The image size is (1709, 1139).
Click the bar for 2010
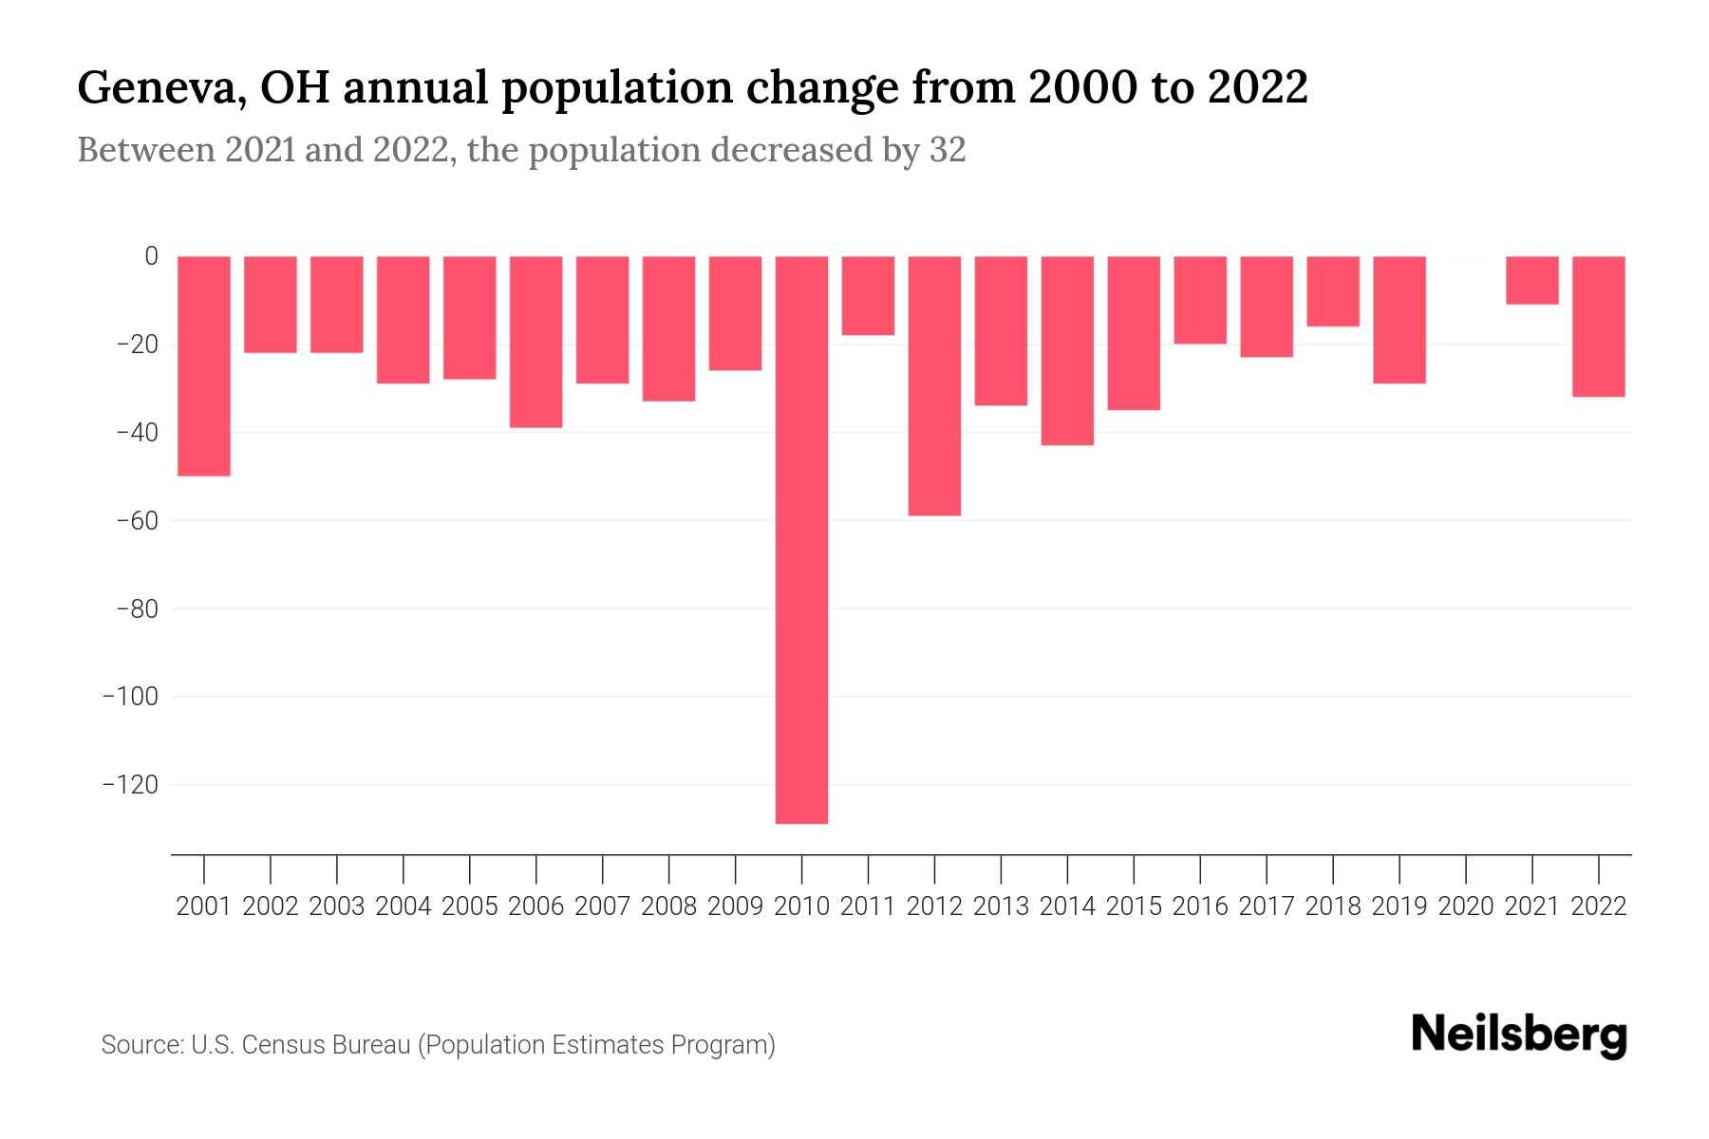click(801, 539)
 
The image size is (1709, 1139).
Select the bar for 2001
click(204, 365)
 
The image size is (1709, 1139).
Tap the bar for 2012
click(934, 385)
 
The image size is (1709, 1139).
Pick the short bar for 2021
click(1532, 280)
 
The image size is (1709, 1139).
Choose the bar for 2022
click(1599, 326)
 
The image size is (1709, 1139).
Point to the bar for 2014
click(1067, 350)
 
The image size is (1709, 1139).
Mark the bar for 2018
click(1333, 291)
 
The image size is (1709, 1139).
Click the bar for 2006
click(536, 342)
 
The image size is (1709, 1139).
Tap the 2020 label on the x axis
click(1466, 906)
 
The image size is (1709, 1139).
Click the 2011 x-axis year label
click(868, 906)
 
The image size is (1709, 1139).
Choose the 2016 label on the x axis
click(1200, 906)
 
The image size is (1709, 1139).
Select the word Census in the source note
click(283, 1045)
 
